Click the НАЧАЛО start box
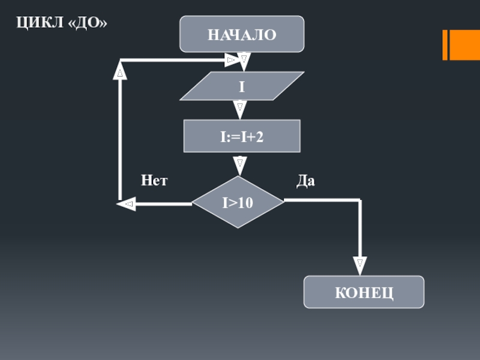click(x=242, y=34)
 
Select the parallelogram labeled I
click(x=242, y=86)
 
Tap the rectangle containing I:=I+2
click(x=242, y=136)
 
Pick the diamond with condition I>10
click(x=238, y=202)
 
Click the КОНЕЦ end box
click(x=364, y=292)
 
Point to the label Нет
click(x=154, y=181)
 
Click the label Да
click(x=305, y=181)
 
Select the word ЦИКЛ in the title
click(x=40, y=23)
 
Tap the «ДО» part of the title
click(x=88, y=23)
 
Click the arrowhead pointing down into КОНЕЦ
click(x=360, y=266)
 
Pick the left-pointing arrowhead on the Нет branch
click(x=126, y=204)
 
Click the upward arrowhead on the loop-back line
click(x=120, y=70)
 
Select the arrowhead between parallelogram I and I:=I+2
click(x=240, y=110)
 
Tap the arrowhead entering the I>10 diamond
click(x=239, y=166)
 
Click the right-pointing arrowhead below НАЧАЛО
click(x=232, y=60)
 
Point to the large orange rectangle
click(x=464, y=45)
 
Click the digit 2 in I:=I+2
click(x=260, y=137)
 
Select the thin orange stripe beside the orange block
click(x=445, y=45)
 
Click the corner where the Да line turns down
click(x=360, y=200)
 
